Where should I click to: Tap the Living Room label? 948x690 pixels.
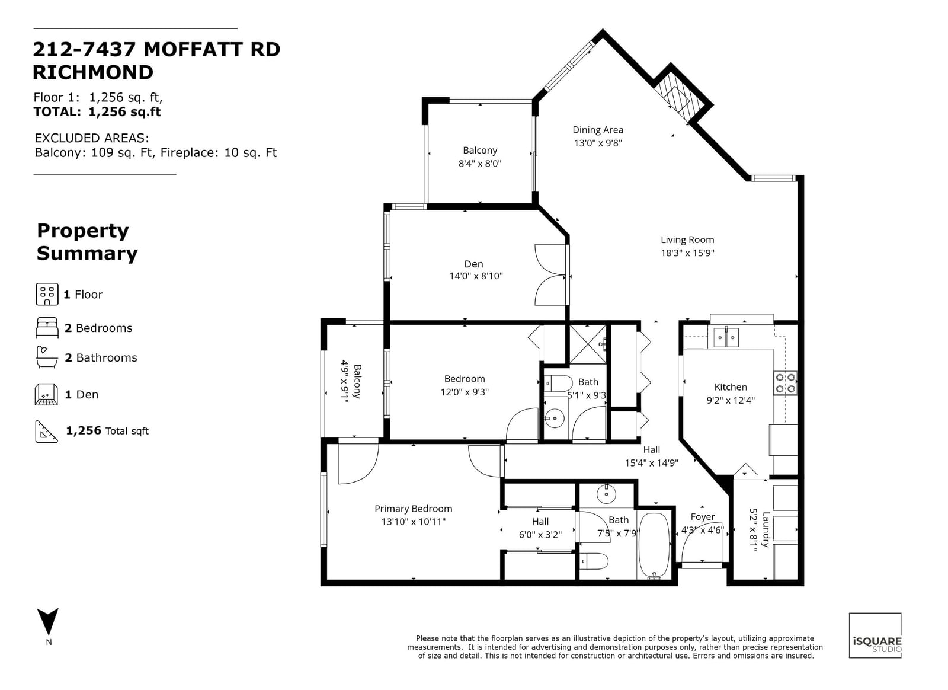[x=687, y=239]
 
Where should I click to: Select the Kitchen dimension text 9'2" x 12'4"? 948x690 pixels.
[x=731, y=401]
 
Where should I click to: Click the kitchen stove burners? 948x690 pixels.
[x=785, y=383]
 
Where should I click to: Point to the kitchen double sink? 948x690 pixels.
[x=726, y=337]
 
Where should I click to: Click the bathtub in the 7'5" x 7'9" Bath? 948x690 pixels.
[x=654, y=545]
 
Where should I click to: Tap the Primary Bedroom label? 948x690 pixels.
[x=413, y=509]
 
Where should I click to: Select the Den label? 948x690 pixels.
[x=473, y=264]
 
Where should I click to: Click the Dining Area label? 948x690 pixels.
[x=598, y=130]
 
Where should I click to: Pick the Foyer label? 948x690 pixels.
[x=703, y=517]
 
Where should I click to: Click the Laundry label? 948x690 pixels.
[x=766, y=529]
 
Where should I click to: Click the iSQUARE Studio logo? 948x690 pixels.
[x=875, y=641]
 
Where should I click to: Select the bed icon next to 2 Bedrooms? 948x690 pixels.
[x=47, y=328]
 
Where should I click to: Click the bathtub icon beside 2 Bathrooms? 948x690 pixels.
[x=47, y=357]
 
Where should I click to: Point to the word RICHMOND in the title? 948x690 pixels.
[x=93, y=72]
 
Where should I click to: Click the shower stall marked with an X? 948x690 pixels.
[x=588, y=344]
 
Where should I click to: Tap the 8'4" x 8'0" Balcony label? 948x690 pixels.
[x=480, y=151]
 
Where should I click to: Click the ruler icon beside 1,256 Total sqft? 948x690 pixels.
[x=47, y=432]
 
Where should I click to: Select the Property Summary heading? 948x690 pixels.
[x=87, y=242]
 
